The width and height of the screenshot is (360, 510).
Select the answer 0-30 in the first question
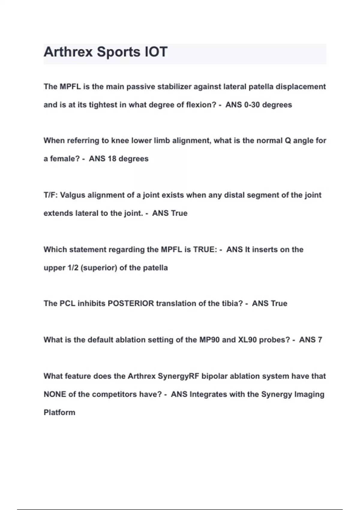[251, 105]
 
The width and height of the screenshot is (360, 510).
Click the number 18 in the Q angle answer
[112, 159]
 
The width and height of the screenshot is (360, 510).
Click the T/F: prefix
[51, 195]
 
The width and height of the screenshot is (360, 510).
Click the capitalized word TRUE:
[205, 250]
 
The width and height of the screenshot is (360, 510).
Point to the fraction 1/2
[73, 268]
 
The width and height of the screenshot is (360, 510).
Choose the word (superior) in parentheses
[99, 268]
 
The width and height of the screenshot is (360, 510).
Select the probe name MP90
[209, 340]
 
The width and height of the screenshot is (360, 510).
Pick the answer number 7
[320, 340]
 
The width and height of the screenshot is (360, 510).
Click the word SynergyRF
[178, 376]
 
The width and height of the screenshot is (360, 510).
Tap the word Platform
[59, 412]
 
